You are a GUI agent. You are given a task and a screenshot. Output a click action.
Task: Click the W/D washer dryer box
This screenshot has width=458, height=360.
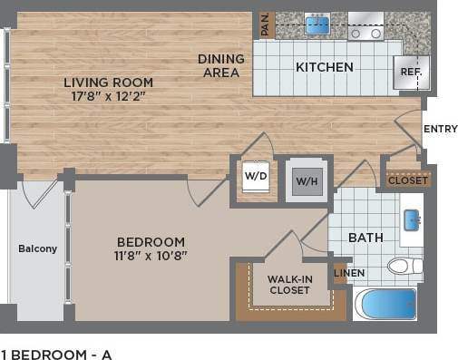(256, 176)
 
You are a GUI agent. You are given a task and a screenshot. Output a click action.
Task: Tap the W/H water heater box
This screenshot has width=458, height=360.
(304, 180)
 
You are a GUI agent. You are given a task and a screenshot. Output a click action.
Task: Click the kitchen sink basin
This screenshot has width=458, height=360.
(317, 24)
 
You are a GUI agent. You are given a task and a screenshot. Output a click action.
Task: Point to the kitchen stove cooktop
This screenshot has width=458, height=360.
(366, 26)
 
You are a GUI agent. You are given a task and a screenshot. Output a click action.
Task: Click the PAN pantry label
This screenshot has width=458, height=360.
(266, 24)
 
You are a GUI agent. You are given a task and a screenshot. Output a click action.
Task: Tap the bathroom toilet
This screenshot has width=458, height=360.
(403, 266)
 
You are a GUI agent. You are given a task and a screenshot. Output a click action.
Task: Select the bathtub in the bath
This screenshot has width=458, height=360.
(385, 303)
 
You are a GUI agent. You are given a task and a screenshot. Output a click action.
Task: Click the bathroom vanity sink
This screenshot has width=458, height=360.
(410, 220)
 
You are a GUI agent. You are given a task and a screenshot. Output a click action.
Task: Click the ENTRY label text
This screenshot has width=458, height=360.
(441, 129)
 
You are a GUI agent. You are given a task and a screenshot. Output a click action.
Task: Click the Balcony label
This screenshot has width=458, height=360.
(38, 248)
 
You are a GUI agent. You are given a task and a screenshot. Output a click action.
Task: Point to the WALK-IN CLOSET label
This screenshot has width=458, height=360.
(289, 285)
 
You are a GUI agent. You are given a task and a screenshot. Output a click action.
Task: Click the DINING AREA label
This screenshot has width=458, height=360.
(221, 65)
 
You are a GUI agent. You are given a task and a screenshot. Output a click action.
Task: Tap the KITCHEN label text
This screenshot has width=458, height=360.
(324, 66)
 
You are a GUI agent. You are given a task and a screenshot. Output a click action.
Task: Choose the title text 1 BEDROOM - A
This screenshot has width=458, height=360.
(56, 354)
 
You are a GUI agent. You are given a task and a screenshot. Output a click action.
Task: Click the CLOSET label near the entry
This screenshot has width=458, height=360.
(408, 180)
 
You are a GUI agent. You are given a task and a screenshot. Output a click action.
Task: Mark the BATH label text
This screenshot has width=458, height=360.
(365, 238)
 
